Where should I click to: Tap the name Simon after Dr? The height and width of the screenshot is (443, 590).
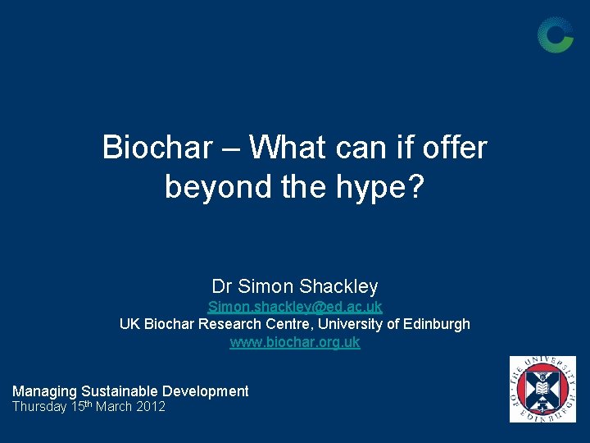[266, 286]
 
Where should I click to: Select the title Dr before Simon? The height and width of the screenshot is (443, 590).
[222, 286]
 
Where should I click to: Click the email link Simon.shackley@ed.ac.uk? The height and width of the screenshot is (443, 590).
[295, 307]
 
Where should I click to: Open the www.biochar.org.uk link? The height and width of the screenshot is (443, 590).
[295, 343]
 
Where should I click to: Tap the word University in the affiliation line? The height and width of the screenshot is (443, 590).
[351, 324]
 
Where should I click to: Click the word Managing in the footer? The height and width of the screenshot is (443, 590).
[44, 392]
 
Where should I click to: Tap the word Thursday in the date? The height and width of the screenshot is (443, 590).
[39, 408]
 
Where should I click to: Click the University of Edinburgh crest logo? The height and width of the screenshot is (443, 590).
[542, 389]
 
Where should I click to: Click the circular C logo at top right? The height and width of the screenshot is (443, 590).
[555, 34]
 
